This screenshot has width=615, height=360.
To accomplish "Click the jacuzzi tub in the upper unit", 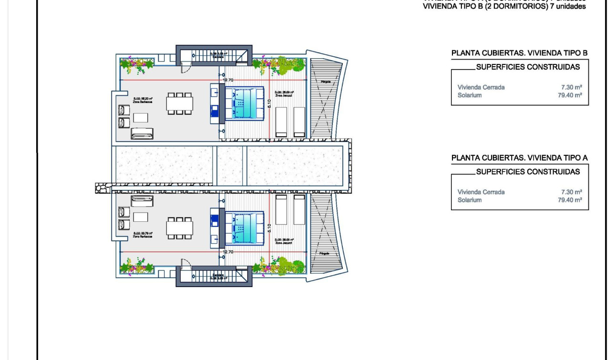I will click(x=244, y=103).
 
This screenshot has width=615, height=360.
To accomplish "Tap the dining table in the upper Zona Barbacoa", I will click(x=180, y=103).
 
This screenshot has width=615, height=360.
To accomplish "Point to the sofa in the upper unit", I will click(x=142, y=134).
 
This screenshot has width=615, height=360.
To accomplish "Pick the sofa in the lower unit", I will click(x=142, y=201).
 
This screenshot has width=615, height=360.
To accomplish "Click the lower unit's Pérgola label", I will click(x=325, y=253).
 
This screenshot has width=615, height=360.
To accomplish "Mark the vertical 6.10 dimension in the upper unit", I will click(x=269, y=103).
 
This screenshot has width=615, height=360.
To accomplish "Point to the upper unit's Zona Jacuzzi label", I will click(x=284, y=94).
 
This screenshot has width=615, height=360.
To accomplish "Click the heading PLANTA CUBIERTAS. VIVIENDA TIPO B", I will click(x=519, y=53).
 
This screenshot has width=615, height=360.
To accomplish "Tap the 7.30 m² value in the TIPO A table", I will click(x=571, y=192).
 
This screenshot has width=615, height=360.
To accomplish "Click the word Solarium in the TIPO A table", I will click(x=469, y=200).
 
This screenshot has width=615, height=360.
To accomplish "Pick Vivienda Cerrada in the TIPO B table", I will click(x=481, y=87).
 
